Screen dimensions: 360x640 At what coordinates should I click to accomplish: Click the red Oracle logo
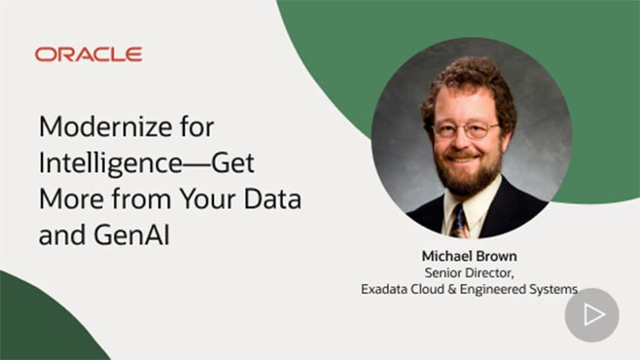(89, 54)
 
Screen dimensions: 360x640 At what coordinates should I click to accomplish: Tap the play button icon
(591, 314)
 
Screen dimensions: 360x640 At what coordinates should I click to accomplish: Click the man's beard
(466, 175)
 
